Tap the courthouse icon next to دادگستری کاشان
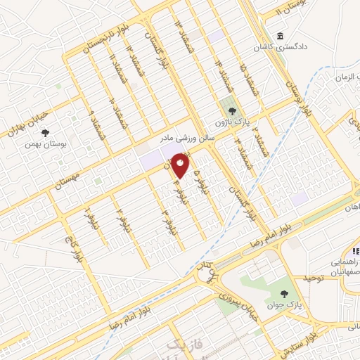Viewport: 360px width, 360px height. click(281, 37)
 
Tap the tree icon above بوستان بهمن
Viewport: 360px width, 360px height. click(46, 132)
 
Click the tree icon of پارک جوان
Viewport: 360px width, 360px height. click(284, 295)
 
